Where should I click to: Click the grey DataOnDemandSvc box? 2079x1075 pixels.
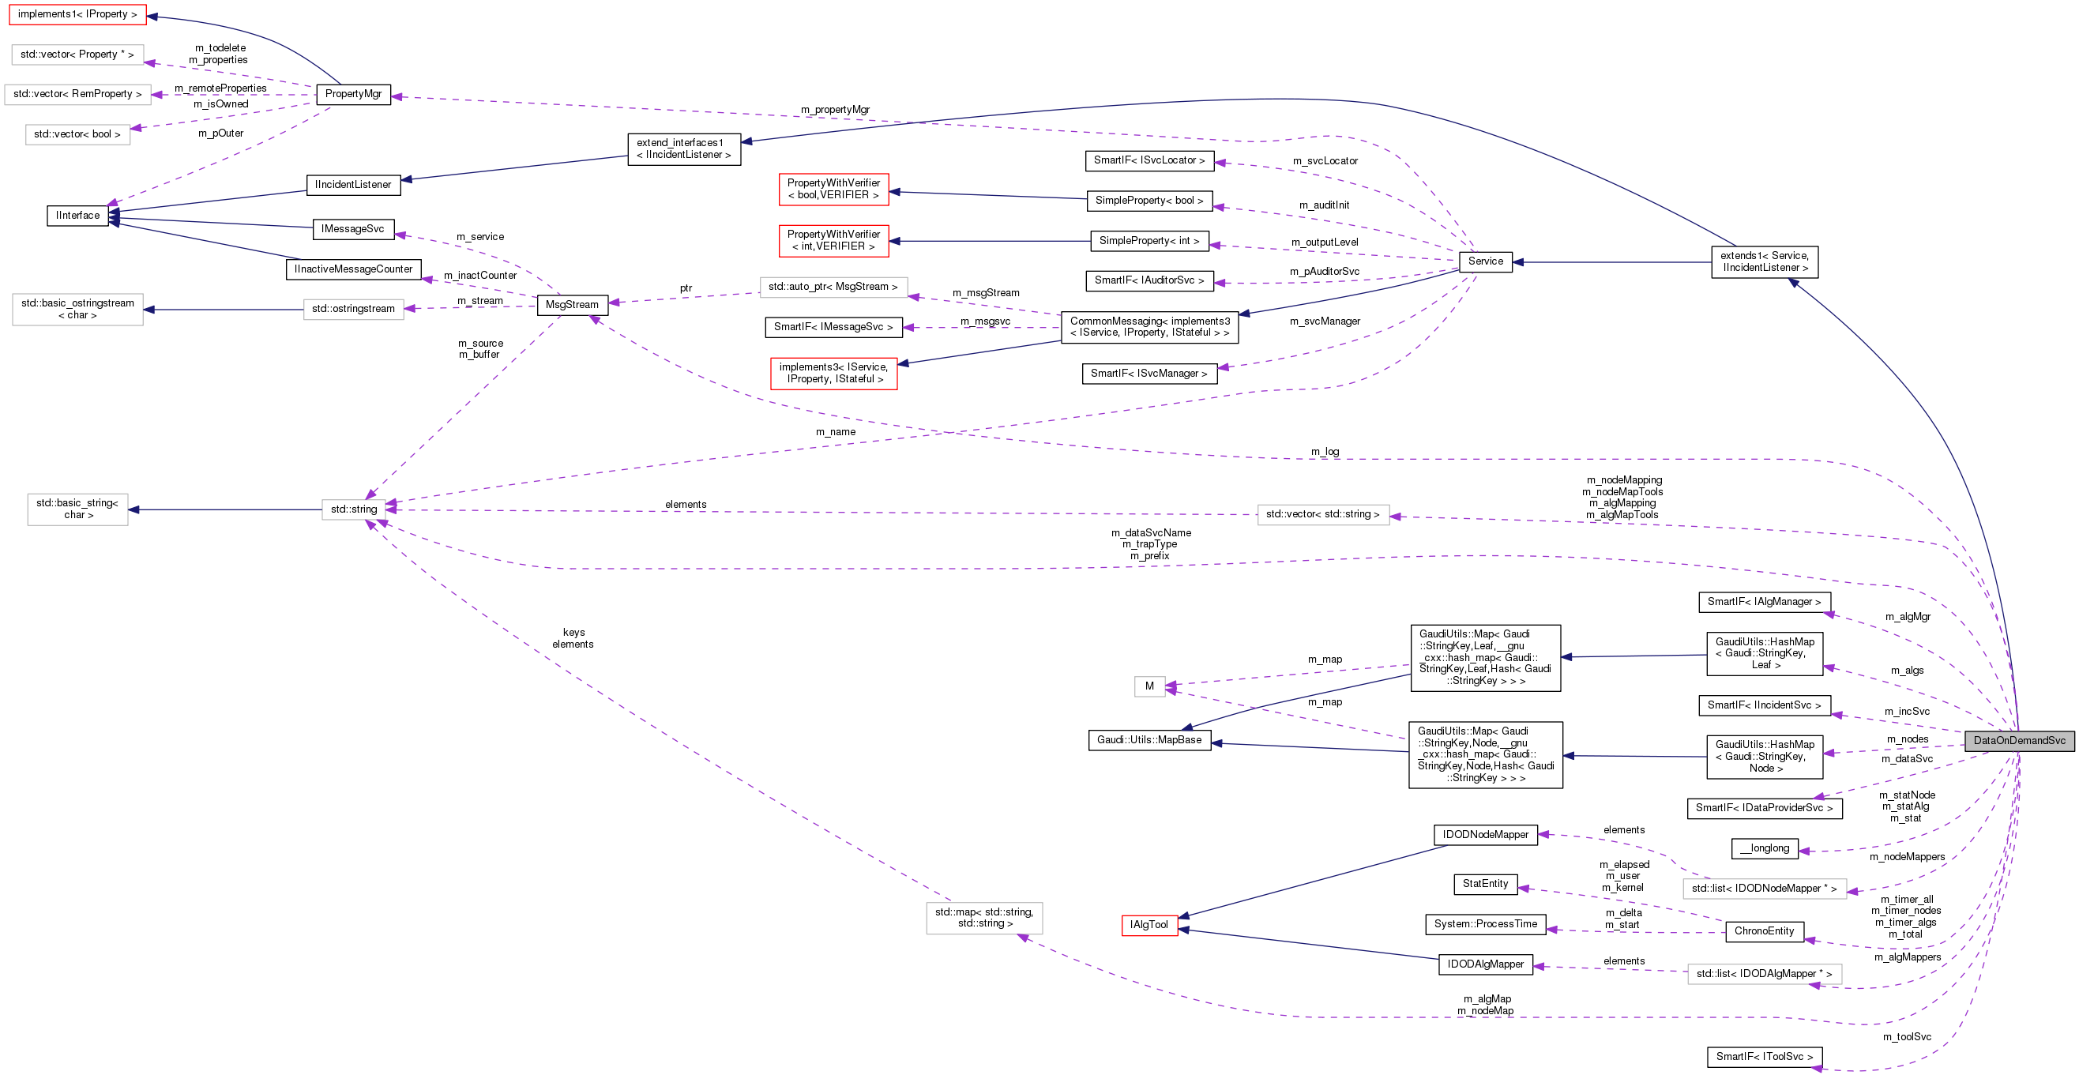2018,740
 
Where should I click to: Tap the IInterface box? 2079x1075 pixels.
77,216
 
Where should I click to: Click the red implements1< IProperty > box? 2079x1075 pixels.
77,14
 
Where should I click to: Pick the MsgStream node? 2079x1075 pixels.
571,304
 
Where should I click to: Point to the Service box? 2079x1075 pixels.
1485,261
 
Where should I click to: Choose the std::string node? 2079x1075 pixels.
354,509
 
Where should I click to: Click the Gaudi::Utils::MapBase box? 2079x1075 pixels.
1149,740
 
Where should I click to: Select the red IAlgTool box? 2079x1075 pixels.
1149,925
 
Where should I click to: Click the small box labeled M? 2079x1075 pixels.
1149,686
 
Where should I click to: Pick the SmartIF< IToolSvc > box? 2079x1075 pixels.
1765,1056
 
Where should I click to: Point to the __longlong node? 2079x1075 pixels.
1765,848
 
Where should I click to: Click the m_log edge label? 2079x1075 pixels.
1325,452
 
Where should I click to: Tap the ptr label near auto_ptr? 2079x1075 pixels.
685,288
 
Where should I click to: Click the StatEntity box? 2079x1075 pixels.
1485,884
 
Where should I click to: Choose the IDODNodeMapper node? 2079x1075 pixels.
1485,835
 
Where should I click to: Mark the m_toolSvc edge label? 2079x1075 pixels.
1906,1037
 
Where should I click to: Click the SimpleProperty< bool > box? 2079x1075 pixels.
1149,201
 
